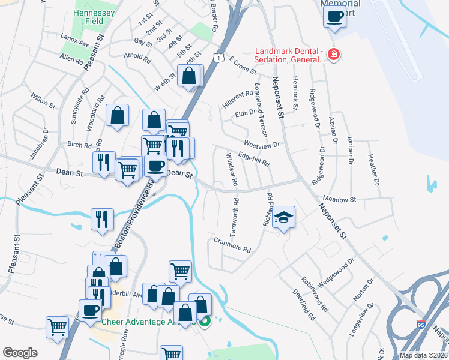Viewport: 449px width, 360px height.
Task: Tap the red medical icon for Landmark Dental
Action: pos(333,56)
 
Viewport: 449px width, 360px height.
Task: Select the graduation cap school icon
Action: pos(284,217)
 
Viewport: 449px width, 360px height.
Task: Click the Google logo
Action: pos(20,353)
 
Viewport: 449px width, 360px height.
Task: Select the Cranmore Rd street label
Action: pos(231,244)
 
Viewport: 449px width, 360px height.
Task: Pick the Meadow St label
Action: pos(339,199)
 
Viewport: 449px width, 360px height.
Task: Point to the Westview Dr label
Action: pos(262,145)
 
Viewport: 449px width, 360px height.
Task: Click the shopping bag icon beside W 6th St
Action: pos(190,76)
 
